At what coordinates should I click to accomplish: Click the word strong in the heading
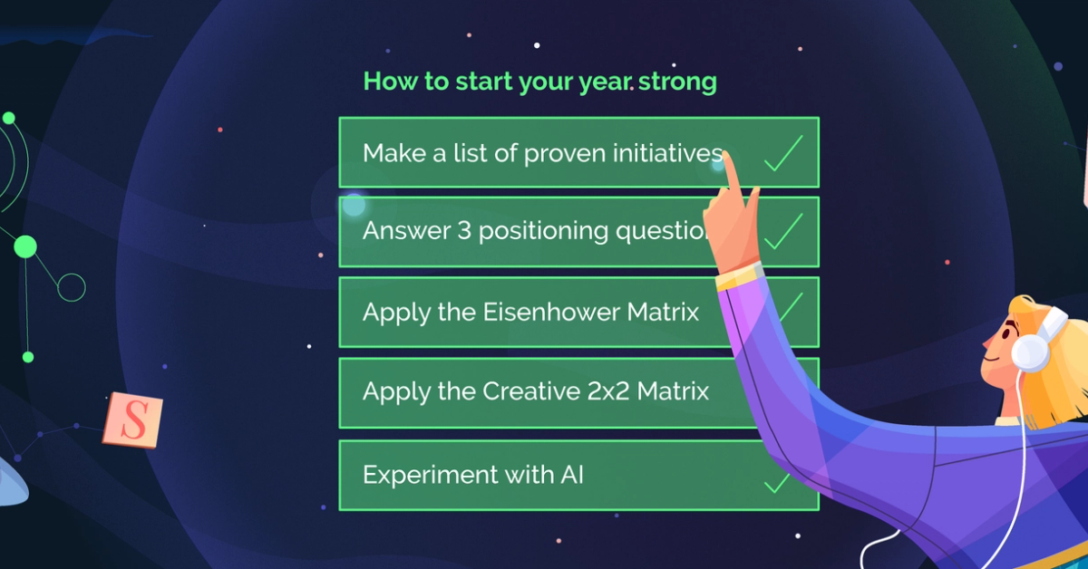[677, 82]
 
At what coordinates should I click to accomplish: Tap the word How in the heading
[393, 82]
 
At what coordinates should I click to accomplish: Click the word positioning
[543, 232]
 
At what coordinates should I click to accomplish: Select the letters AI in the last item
[567, 474]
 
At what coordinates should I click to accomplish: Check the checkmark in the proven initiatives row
[783, 153]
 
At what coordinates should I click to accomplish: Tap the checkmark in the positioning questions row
[783, 232]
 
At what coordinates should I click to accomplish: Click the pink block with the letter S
[132, 420]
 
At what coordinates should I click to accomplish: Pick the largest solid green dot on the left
[25, 246]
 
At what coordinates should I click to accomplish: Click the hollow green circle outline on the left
[71, 287]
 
